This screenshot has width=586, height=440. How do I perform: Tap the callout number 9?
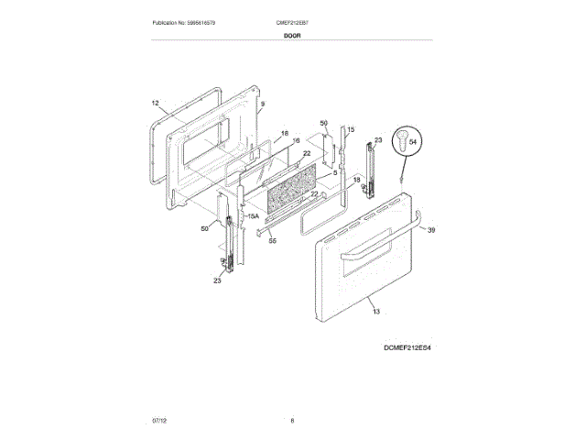[261, 105]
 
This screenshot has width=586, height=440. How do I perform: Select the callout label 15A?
[254, 216]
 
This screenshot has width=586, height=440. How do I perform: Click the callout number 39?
[431, 230]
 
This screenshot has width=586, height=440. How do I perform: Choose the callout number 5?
[335, 172]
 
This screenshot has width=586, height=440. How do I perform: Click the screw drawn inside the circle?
[400, 140]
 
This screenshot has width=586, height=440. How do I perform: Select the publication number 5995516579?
[203, 21]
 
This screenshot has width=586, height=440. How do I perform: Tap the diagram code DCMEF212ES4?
[407, 349]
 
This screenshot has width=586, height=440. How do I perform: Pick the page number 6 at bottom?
[292, 420]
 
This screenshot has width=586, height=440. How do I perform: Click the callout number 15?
[349, 130]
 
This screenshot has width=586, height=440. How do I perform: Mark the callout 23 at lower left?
[218, 281]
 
